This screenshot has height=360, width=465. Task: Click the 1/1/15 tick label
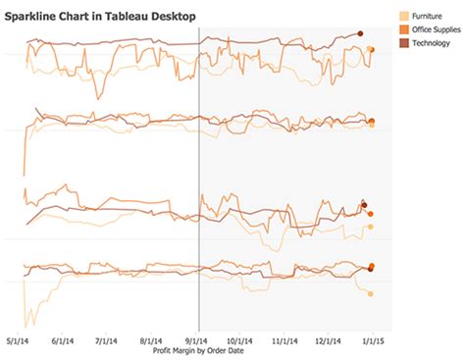[371, 340]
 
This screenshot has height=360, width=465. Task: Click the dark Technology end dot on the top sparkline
[360, 34]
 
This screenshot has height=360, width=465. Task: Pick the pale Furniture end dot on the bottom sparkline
[371, 293]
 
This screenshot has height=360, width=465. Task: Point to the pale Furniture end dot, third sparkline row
[371, 227]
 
